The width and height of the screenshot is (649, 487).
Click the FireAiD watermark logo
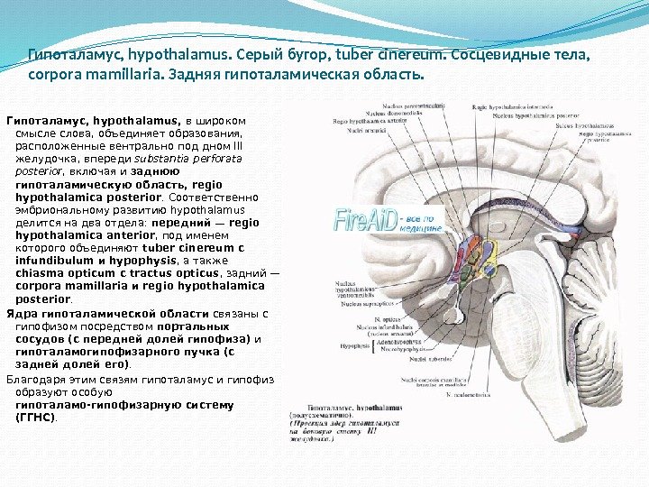365,219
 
